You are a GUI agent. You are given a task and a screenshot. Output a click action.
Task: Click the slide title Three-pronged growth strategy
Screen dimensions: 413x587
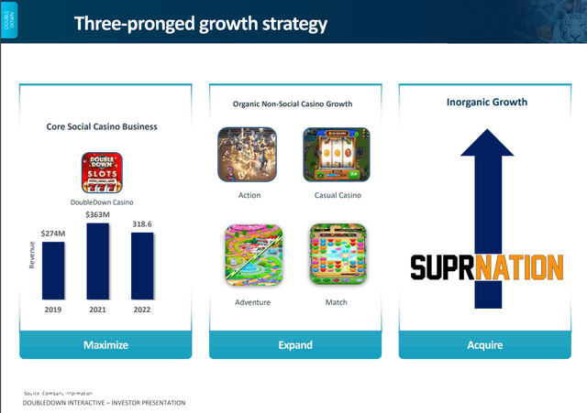[200, 24]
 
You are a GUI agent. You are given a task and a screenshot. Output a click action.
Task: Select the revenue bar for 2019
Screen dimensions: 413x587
[53, 271]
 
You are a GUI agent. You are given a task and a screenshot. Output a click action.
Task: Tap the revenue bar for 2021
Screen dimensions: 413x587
[98, 262]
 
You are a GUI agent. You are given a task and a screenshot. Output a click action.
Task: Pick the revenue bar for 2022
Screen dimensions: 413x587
[142, 266]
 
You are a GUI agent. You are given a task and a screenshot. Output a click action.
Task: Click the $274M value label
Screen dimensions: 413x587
[53, 234]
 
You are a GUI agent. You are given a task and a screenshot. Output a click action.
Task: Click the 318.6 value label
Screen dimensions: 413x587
[142, 224]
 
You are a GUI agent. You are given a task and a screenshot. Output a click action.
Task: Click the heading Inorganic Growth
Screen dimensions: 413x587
[486, 102]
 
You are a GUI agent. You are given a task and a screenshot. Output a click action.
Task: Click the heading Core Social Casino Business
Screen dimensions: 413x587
[103, 125]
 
